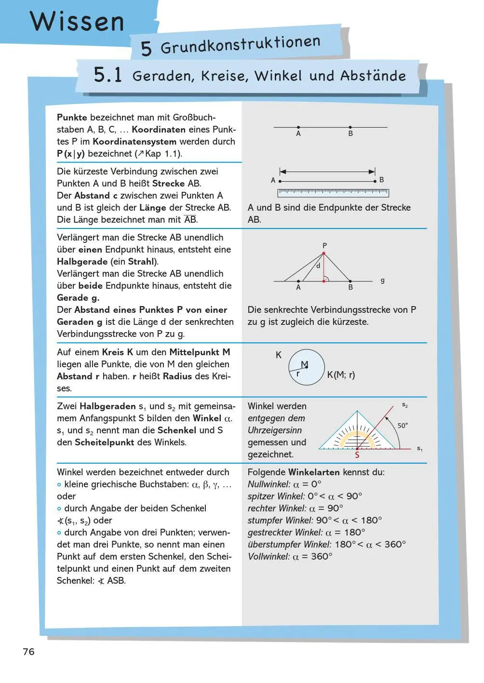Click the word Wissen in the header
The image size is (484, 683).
pyautogui.click(x=77, y=22)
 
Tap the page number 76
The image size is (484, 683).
pyautogui.click(x=28, y=652)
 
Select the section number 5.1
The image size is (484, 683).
pyautogui.click(x=108, y=75)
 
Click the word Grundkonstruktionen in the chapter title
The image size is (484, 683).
pyautogui.click(x=240, y=45)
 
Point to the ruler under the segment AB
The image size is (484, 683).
pyautogui.click(x=333, y=193)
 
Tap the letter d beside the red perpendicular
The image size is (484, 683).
pyautogui.click(x=318, y=266)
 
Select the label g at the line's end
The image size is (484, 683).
pyautogui.click(x=382, y=280)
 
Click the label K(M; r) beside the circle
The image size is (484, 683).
pyautogui.click(x=341, y=375)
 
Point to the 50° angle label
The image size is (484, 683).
pyautogui.click(x=403, y=425)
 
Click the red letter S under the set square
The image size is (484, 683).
pyautogui.click(x=357, y=455)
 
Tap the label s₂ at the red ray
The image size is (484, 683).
pyautogui.click(x=405, y=405)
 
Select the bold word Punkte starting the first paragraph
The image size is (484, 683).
pyautogui.click(x=72, y=118)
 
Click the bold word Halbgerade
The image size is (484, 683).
pyautogui.click(x=82, y=262)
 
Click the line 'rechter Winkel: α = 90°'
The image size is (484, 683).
pyautogui.click(x=295, y=509)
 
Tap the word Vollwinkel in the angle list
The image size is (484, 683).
pyautogui.click(x=269, y=557)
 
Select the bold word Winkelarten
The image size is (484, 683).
pyautogui.click(x=314, y=472)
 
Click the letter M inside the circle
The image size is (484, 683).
pyautogui.click(x=304, y=364)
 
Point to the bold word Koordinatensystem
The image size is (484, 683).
pyautogui.click(x=134, y=142)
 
